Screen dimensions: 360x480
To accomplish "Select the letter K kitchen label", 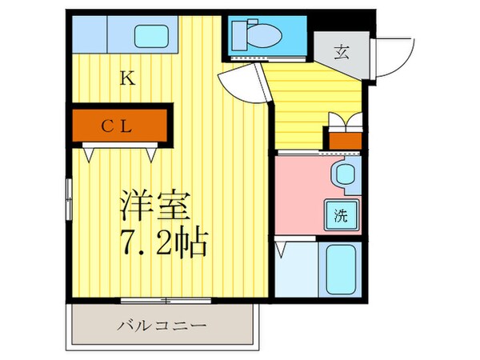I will click(x=126, y=78).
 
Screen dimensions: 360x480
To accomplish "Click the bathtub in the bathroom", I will click(x=340, y=268).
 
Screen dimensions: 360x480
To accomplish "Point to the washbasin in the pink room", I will click(x=345, y=174).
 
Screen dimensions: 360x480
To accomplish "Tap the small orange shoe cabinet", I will click(x=345, y=142).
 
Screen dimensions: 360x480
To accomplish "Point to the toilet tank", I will click(x=240, y=34).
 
